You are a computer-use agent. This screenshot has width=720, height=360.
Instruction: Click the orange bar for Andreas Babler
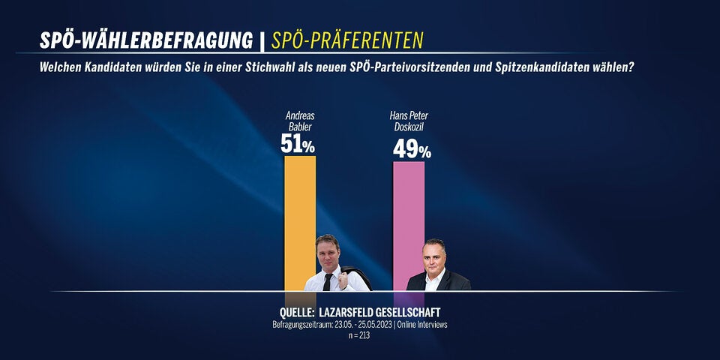click(x=300, y=210)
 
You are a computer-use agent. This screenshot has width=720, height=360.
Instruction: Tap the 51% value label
click(x=298, y=144)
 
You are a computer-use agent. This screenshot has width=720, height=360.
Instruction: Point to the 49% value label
click(x=412, y=150)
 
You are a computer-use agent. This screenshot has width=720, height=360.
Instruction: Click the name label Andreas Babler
click(x=300, y=121)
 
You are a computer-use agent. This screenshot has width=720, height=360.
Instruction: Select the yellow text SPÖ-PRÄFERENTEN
click(x=347, y=40)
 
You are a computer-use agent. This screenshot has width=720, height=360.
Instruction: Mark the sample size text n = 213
click(x=359, y=335)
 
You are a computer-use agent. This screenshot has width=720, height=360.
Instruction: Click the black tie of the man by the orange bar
click(x=328, y=280)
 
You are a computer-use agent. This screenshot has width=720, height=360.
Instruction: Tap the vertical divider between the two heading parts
click(x=262, y=40)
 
